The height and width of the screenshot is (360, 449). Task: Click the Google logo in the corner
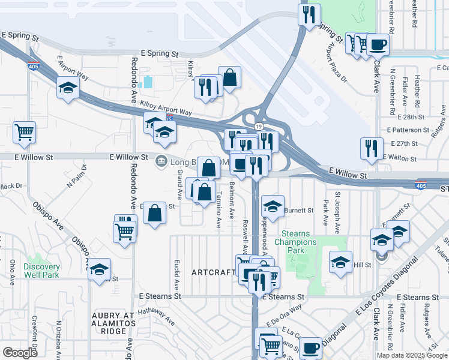20,352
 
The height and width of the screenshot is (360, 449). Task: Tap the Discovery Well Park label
42,271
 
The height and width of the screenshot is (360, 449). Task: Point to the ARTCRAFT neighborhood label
214,272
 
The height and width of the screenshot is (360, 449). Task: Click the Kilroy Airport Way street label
166,108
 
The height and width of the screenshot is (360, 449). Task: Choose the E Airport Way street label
73,69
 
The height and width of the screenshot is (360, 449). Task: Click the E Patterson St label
408,130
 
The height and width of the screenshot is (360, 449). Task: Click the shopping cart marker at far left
24,132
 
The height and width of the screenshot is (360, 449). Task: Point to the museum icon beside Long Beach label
161,161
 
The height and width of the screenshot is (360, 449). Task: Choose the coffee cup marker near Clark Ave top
378,44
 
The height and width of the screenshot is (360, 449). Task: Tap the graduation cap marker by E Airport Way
68,88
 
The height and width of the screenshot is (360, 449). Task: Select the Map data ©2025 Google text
411,355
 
